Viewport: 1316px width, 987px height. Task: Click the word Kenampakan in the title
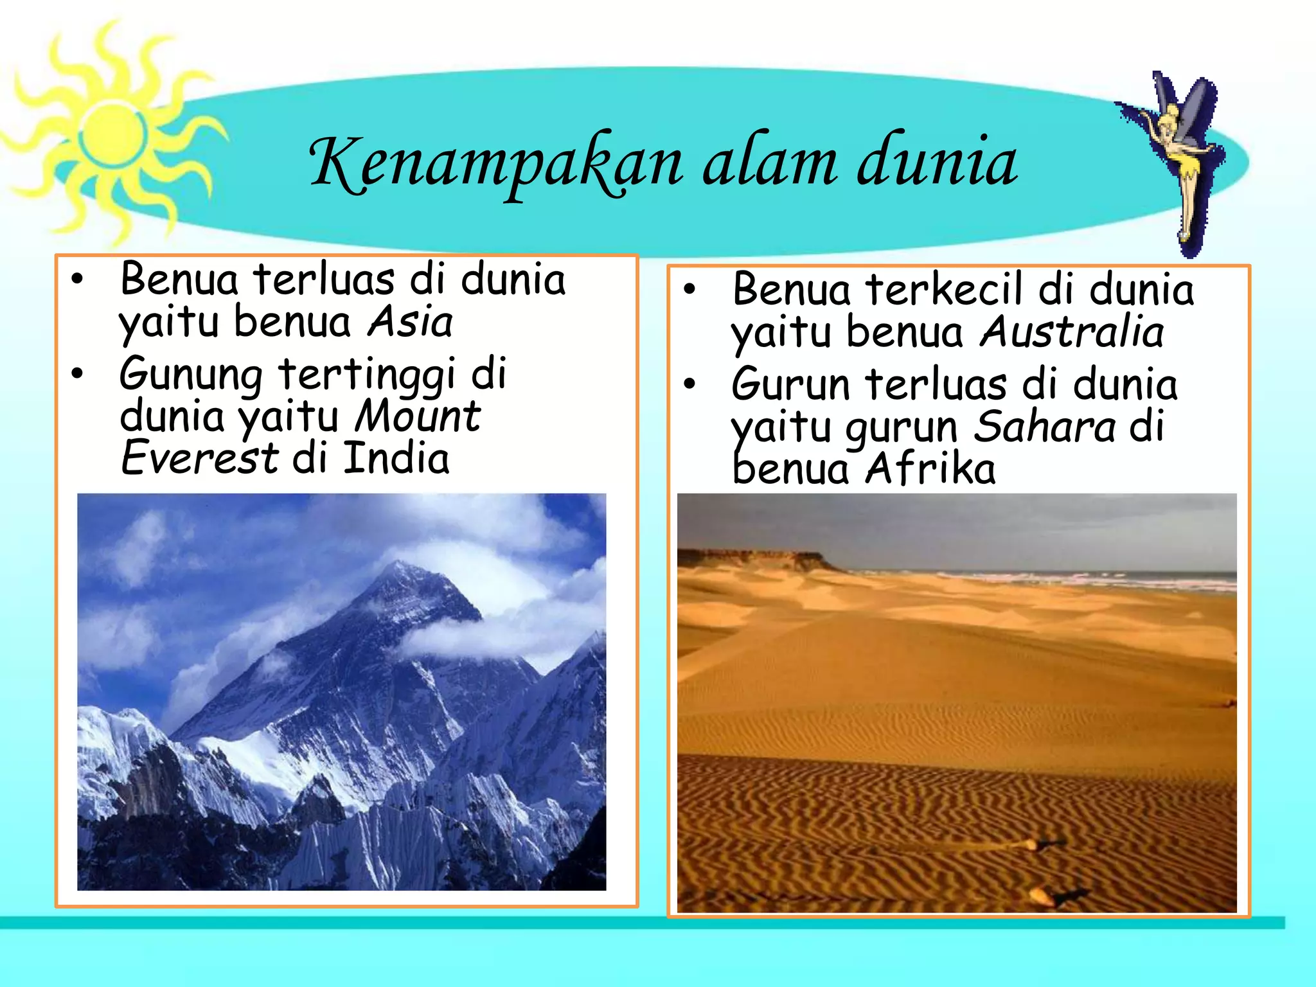pos(495,164)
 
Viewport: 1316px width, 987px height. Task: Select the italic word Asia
pos(410,321)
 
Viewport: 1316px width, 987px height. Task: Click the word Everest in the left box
pos(199,458)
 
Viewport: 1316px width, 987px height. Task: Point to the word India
pos(396,458)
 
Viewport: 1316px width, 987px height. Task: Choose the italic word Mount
pos(418,416)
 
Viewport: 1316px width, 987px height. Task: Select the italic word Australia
pos(1071,332)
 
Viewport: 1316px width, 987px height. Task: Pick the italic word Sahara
pos(1045,426)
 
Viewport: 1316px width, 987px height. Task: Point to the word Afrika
pos(930,469)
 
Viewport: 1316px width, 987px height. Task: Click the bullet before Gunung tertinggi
pos(78,373)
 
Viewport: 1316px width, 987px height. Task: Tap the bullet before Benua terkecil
pos(689,289)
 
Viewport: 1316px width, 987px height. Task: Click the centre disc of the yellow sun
pos(113,134)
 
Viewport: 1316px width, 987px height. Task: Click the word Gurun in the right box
pos(790,384)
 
